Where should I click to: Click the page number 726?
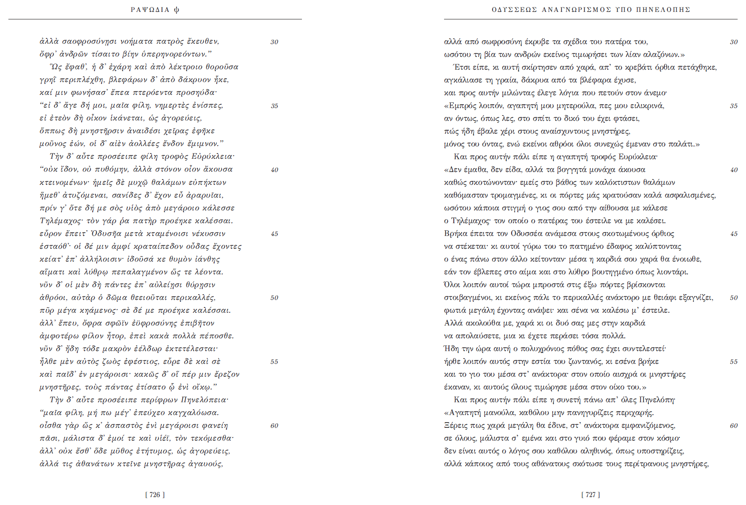154,495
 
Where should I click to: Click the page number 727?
590,495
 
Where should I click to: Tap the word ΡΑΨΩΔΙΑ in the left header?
150,10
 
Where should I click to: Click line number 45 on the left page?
274,234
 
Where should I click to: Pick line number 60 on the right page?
734,426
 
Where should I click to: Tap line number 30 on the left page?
274,42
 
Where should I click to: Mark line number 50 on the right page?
734,298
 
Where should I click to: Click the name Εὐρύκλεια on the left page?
213,157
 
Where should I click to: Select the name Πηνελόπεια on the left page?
204,400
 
